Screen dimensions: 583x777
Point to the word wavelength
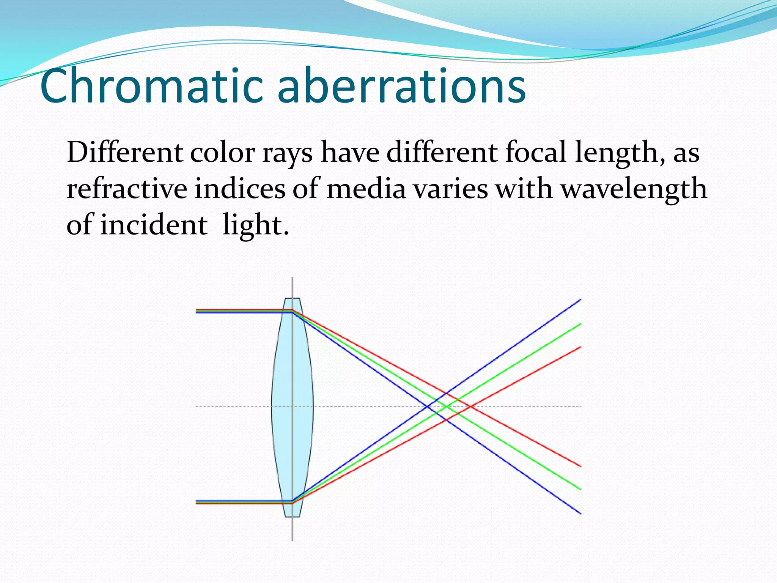(634, 189)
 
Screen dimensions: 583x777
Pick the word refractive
(127, 189)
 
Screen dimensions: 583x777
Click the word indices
(240, 189)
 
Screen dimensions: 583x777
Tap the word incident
(154, 225)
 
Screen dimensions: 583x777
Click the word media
(366, 189)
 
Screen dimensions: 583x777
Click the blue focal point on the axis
(427, 407)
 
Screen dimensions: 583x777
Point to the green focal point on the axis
(446, 407)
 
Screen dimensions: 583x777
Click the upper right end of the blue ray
(580, 300)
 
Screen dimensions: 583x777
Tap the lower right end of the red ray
(580, 466)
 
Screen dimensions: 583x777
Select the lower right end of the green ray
(580, 489)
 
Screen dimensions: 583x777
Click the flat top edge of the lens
(292, 298)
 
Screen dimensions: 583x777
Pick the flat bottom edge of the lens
(292, 517)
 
